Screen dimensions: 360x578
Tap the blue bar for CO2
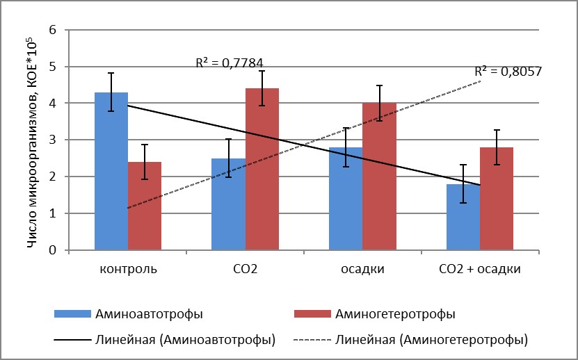pyautogui.click(x=228, y=204)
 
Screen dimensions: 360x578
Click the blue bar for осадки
pyautogui.click(x=346, y=199)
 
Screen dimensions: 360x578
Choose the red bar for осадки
pyautogui.click(x=379, y=177)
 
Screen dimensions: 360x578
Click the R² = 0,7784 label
pyautogui.click(x=229, y=63)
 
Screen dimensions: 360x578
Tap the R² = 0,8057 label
pyautogui.click(x=508, y=71)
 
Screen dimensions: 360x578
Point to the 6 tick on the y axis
pyautogui.click(x=51, y=31)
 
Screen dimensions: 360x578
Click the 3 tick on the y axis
pyautogui.click(x=51, y=140)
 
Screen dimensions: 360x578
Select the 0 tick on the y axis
pyautogui.click(x=51, y=250)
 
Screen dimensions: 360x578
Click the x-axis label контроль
pyautogui.click(x=129, y=268)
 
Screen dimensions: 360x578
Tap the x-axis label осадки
pyautogui.click(x=362, y=268)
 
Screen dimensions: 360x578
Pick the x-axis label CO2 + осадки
pyautogui.click(x=480, y=268)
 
